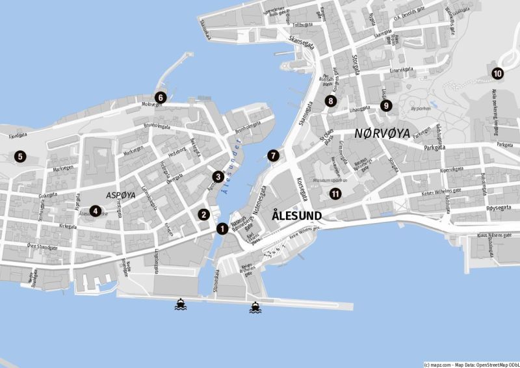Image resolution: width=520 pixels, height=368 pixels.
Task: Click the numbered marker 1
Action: pyautogui.click(x=222, y=228)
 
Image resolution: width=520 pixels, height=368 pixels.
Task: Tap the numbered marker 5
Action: pyautogui.click(x=20, y=156)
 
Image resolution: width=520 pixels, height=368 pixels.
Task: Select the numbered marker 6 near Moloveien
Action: pyautogui.click(x=161, y=98)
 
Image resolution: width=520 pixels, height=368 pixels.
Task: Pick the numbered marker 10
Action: pyautogui.click(x=497, y=73)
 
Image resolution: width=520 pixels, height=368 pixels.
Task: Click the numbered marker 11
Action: pyautogui.click(x=335, y=193)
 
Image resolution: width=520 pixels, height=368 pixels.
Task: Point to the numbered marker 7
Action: pyautogui.click(x=273, y=155)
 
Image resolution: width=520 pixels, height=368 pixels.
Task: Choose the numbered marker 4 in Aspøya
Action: pyautogui.click(x=95, y=211)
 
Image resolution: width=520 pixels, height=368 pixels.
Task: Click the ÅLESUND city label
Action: pyautogui.click(x=296, y=215)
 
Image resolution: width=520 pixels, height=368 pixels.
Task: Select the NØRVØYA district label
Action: pyautogui.click(x=382, y=134)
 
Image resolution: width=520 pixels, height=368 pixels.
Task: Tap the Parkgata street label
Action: pyautogui.click(x=437, y=148)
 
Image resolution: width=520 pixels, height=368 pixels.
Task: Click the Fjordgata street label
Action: pyautogui.click(x=18, y=136)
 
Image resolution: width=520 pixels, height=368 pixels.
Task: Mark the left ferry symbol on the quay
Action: pyautogui.click(x=181, y=304)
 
